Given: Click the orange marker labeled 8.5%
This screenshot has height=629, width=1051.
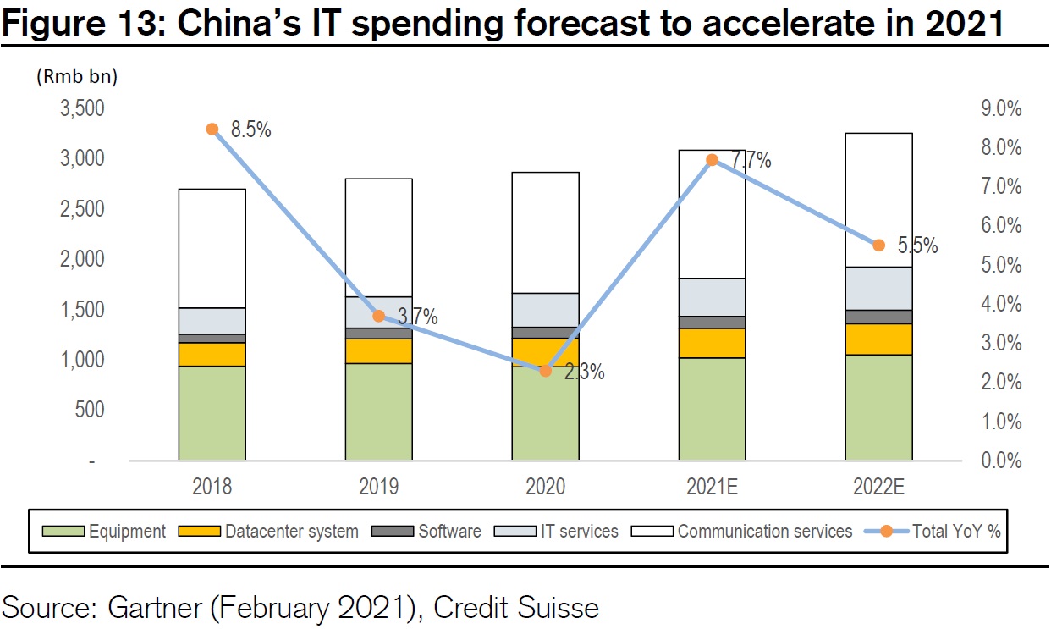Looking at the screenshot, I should click(x=212, y=130).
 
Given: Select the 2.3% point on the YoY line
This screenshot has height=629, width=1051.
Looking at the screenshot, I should click(x=546, y=371).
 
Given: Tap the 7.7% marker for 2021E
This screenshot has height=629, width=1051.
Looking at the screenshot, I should click(x=713, y=160).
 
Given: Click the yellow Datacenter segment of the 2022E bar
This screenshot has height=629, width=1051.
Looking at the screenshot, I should click(x=878, y=339).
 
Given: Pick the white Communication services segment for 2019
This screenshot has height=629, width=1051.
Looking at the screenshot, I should click(x=379, y=237).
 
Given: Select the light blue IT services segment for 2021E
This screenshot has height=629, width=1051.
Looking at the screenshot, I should click(x=713, y=297).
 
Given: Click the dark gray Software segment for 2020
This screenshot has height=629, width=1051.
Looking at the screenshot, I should click(x=546, y=333).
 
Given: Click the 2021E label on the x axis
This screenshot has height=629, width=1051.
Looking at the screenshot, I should click(x=713, y=487).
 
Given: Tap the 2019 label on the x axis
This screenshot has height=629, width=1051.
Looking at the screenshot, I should click(x=379, y=487).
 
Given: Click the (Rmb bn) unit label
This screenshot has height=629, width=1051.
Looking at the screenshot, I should click(x=76, y=76).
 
